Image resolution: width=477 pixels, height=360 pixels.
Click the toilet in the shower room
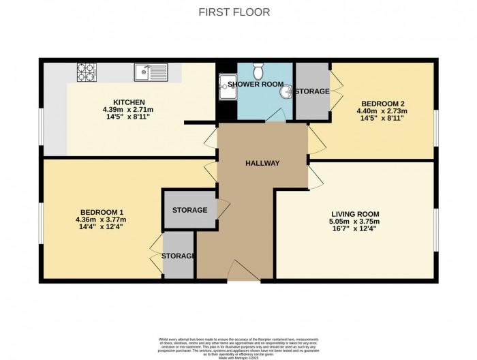pyautogui.click(x=258, y=70)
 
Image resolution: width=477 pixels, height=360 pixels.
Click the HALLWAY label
pyautogui.click(x=262, y=162)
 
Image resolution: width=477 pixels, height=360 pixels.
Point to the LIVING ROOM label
pyautogui.click(x=354, y=213)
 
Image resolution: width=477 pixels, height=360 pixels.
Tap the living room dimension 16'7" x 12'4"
pyautogui.click(x=354, y=228)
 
